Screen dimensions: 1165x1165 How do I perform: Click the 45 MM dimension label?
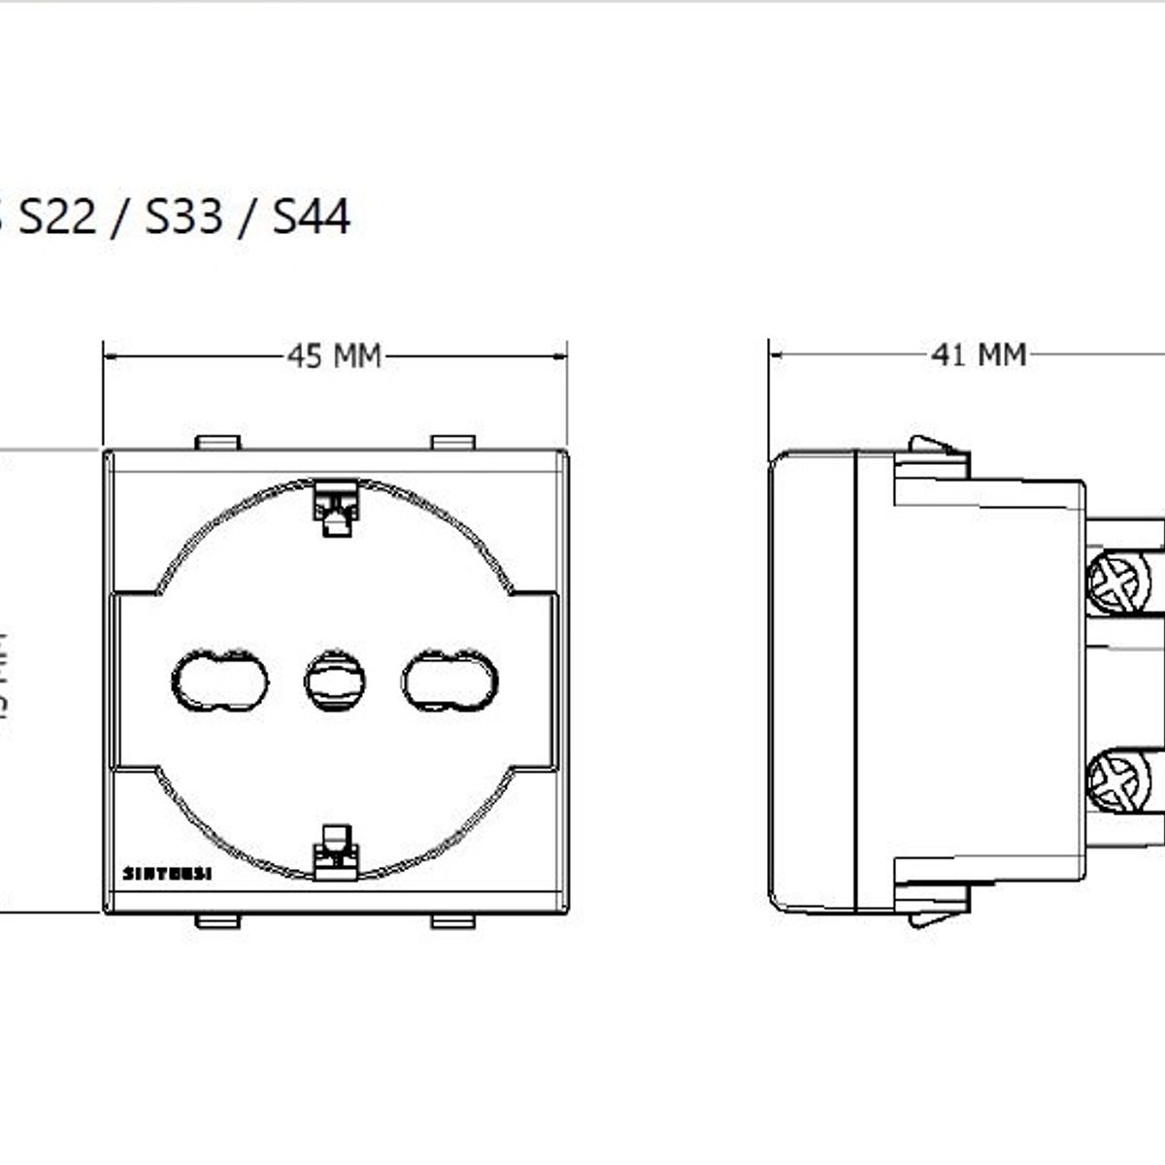(x=334, y=357)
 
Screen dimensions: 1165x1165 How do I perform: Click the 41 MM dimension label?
(x=979, y=355)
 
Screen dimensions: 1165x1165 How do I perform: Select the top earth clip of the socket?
(x=335, y=508)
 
